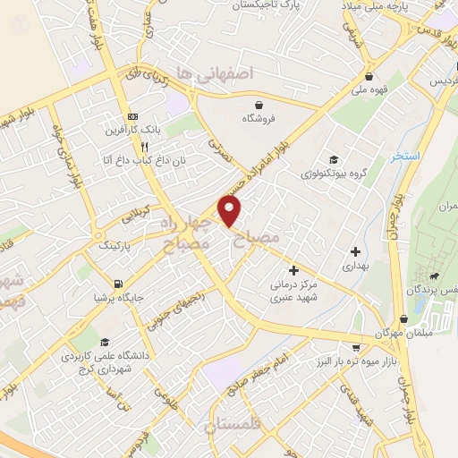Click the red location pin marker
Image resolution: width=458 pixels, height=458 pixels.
pyautogui.click(x=231, y=212)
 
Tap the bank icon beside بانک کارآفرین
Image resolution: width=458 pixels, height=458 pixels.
pyautogui.click(x=132, y=117)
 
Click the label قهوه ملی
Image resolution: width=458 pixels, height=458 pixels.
pyautogui.click(x=368, y=89)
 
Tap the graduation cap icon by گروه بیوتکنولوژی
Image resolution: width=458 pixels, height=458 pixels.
pyautogui.click(x=333, y=158)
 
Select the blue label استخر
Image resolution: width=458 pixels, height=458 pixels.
pyautogui.click(x=405, y=157)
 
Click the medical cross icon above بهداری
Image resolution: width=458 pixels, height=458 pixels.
pyautogui.click(x=356, y=251)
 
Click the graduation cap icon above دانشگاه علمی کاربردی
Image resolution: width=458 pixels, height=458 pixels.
pyautogui.click(x=104, y=342)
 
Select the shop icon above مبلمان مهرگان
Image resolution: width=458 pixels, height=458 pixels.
pyautogui.click(x=404, y=318)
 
